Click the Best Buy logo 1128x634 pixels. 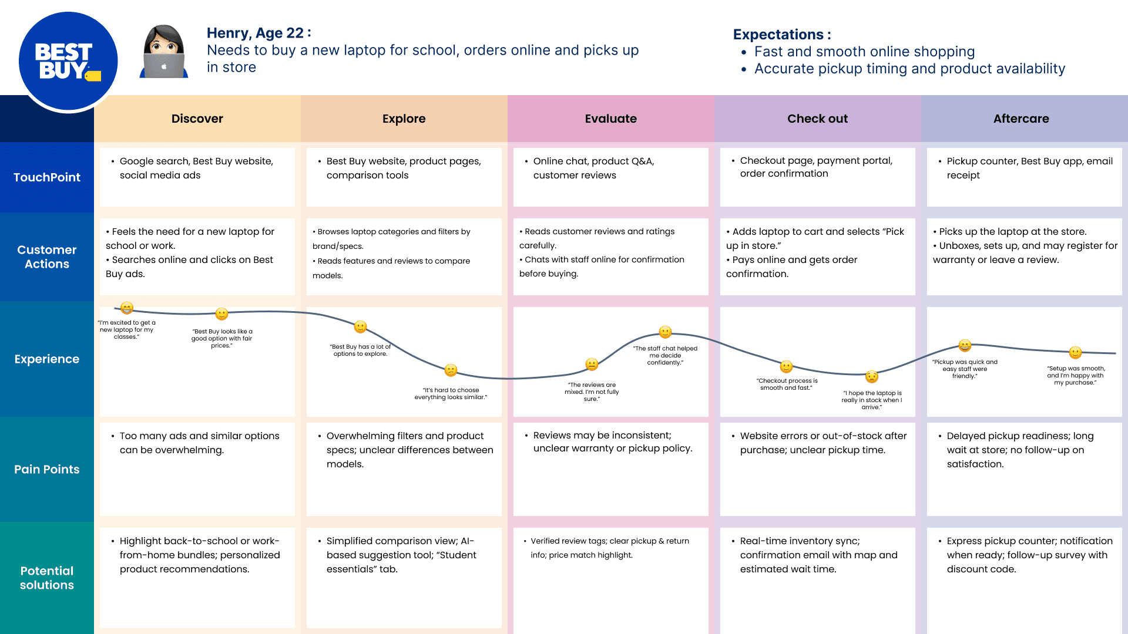pyautogui.click(x=68, y=61)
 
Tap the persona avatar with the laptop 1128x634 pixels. pyautogui.click(x=164, y=52)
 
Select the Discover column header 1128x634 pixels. pyautogui.click(x=197, y=119)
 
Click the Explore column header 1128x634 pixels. pyautogui.click(x=404, y=119)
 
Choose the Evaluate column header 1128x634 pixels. pyautogui.click(x=610, y=119)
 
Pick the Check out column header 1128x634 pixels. pyautogui.click(x=817, y=119)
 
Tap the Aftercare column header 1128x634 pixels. pyautogui.click(x=1020, y=119)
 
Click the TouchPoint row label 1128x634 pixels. pyautogui.click(x=47, y=177)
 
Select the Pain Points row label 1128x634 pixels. pyautogui.click(x=47, y=469)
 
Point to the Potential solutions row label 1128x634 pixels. pyautogui.click(x=47, y=578)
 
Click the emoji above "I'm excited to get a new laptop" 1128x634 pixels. pyautogui.click(x=127, y=308)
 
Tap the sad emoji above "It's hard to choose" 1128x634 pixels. pyautogui.click(x=451, y=370)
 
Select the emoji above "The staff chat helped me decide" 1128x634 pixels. pyautogui.click(x=665, y=332)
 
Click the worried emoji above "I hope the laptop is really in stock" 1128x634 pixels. pyautogui.click(x=872, y=376)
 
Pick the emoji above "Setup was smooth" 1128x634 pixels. pyautogui.click(x=1075, y=352)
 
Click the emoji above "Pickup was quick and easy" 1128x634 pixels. pyautogui.click(x=965, y=346)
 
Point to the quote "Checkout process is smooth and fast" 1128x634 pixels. pyautogui.click(x=787, y=385)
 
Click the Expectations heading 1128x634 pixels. pyautogui.click(x=781, y=35)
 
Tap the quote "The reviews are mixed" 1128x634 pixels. pyautogui.click(x=592, y=392)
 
